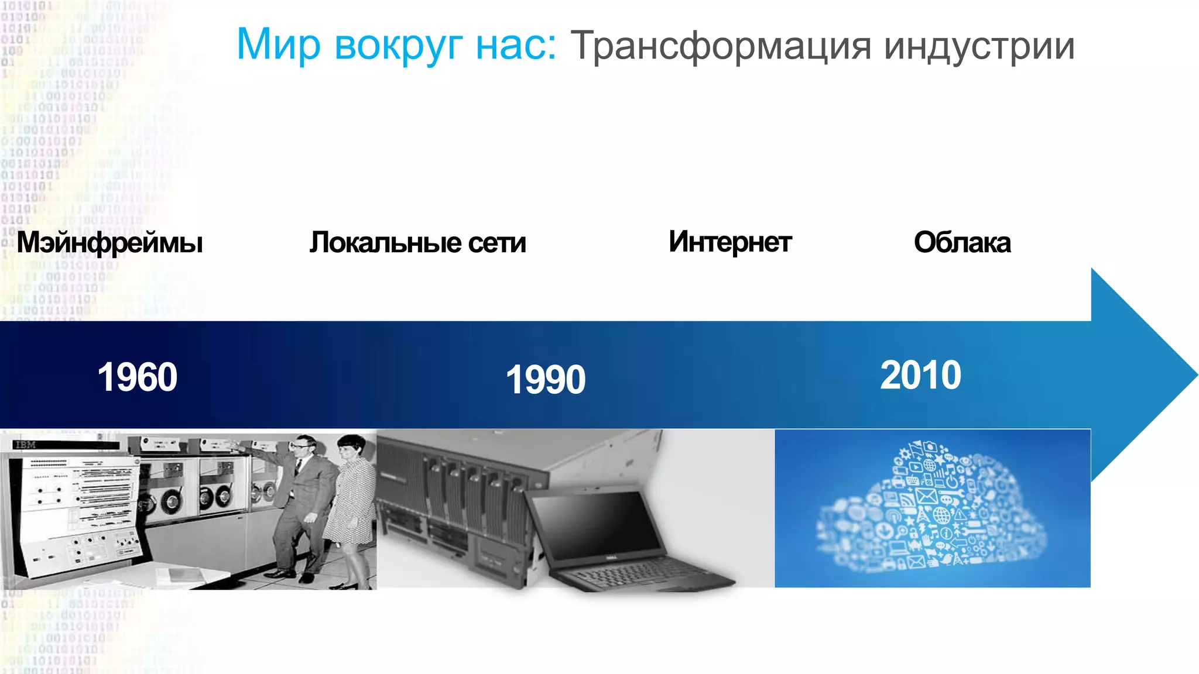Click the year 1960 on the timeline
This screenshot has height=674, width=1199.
[137, 377]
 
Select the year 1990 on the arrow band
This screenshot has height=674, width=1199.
[545, 379]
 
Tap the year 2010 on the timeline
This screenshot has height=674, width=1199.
[920, 375]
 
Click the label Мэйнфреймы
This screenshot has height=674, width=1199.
[110, 242]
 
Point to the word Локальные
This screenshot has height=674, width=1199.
[385, 242]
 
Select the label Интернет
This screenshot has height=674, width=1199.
[730, 242]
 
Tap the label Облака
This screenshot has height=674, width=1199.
[962, 242]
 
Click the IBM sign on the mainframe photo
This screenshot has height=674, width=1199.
[25, 445]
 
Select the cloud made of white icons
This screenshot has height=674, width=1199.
[931, 509]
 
